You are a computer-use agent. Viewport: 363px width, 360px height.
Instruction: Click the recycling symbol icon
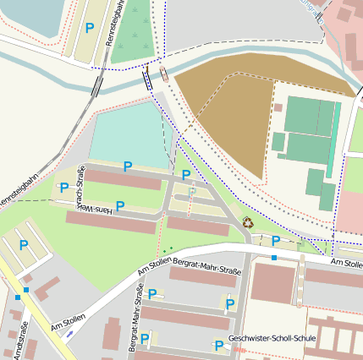click(248, 222)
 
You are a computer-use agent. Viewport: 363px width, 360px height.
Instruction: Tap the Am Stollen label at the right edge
click(347, 265)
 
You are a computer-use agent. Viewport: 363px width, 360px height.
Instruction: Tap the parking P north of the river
click(90, 28)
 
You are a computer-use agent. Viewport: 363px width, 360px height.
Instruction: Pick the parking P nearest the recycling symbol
click(275, 241)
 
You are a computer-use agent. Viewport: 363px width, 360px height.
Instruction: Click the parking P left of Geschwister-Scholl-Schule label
click(218, 345)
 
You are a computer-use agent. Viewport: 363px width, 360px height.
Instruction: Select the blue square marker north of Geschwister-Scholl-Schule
click(274, 257)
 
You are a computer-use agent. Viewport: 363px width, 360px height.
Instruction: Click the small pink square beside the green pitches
click(278, 107)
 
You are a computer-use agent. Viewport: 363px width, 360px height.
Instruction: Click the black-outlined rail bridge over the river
click(149, 79)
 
